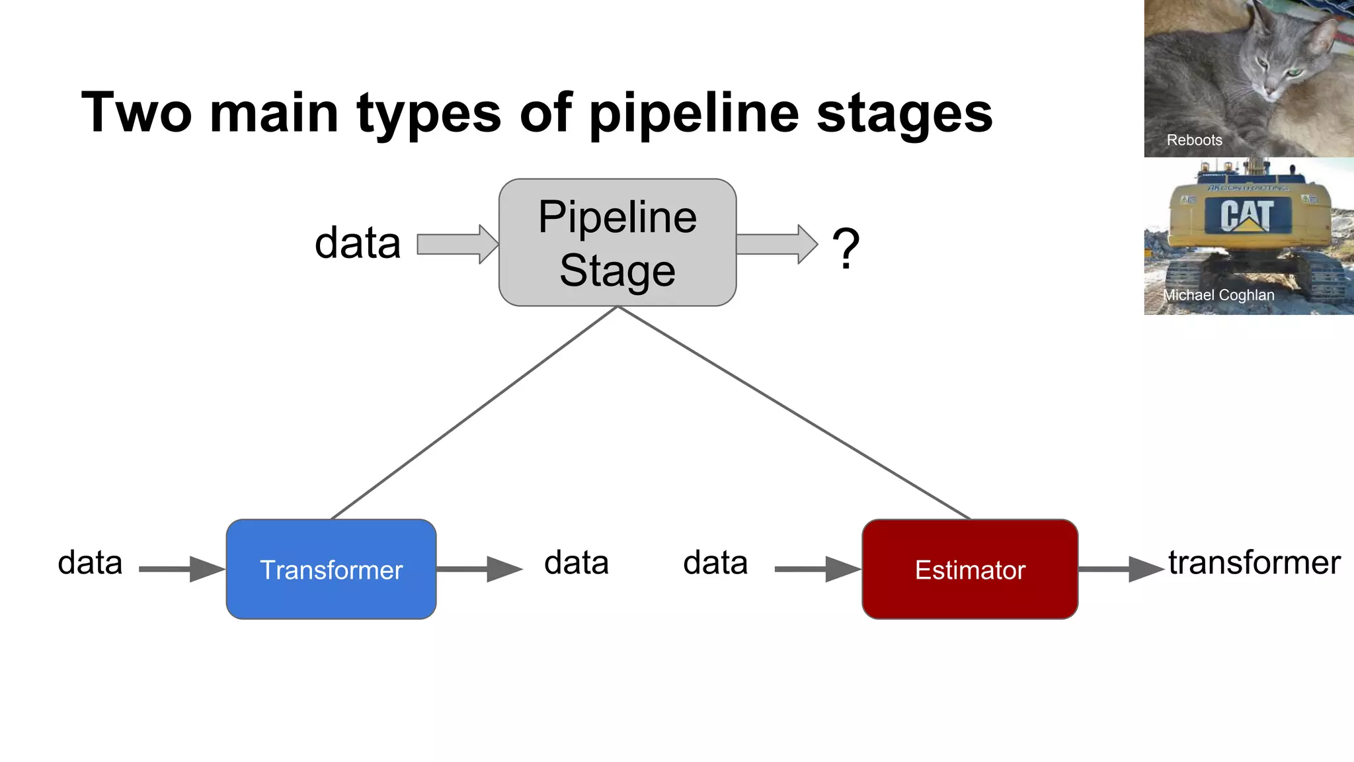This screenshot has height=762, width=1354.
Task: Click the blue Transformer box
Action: (331, 570)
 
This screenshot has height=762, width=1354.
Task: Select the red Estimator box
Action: (970, 570)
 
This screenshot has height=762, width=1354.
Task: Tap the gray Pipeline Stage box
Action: (617, 243)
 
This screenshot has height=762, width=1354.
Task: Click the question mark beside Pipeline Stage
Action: (846, 248)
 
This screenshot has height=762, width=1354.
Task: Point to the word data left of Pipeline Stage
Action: (358, 243)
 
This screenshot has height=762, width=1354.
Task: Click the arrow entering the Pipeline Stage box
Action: (456, 244)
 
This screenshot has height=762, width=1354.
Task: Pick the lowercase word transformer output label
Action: (1254, 563)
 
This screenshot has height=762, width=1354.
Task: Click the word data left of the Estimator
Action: (715, 563)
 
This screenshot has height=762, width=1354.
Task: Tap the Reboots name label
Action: (1194, 140)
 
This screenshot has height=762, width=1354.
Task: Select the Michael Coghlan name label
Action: (1218, 295)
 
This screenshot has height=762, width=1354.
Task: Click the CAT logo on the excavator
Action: (1247, 216)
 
